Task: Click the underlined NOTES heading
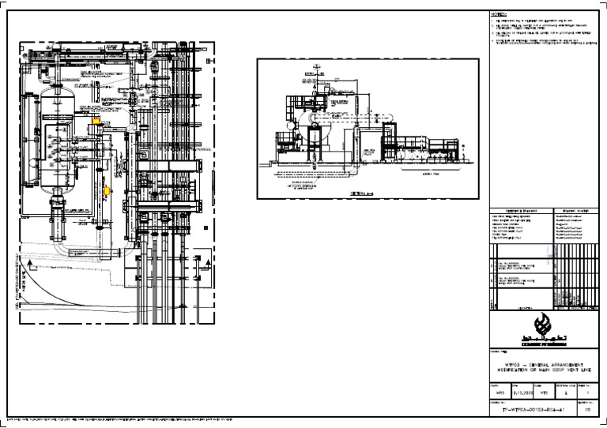tap(497, 14)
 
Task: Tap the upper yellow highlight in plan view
tap(96, 122)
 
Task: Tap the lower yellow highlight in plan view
tap(107, 190)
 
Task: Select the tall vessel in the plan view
tap(56, 142)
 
